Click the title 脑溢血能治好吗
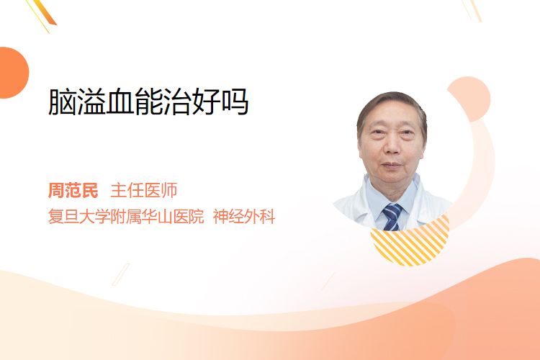click(148, 102)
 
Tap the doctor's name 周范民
click(73, 190)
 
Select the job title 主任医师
click(144, 190)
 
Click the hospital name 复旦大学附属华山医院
click(126, 217)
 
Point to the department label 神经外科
click(244, 217)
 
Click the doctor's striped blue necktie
click(392, 217)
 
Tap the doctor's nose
click(392, 146)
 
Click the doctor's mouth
click(392, 166)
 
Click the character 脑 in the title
click(62, 102)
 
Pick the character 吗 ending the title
click(235, 102)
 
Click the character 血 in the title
click(120, 102)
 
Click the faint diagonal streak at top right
click(472, 9)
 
